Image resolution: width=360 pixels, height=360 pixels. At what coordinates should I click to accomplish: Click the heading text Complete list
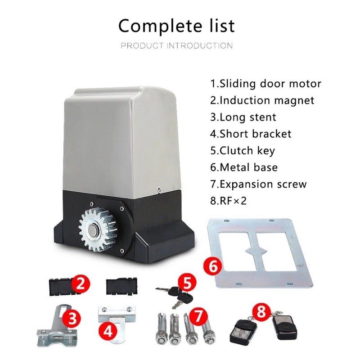(176, 26)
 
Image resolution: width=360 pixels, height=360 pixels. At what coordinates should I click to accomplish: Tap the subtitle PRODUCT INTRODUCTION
(176, 45)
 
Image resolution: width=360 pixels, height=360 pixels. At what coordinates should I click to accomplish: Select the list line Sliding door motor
(265, 84)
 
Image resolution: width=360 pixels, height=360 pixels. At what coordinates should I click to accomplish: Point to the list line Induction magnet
(262, 100)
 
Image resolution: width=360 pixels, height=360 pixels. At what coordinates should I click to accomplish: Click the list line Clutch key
(243, 151)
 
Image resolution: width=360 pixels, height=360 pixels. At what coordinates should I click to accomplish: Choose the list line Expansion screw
(258, 184)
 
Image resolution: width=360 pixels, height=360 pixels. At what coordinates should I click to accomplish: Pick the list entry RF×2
(228, 201)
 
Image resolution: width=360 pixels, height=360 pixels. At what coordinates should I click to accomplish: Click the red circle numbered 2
(80, 284)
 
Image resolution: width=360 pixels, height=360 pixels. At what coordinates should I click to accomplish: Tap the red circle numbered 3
(72, 319)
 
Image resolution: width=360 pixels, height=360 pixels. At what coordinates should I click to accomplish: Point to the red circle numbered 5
(187, 283)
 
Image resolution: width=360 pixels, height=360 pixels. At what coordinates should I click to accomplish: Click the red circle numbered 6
(213, 266)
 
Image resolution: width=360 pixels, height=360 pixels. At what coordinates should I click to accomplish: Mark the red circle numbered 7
(198, 316)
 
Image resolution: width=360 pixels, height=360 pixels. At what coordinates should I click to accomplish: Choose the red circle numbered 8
(261, 312)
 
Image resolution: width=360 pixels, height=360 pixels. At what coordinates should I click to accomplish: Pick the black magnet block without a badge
(121, 286)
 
